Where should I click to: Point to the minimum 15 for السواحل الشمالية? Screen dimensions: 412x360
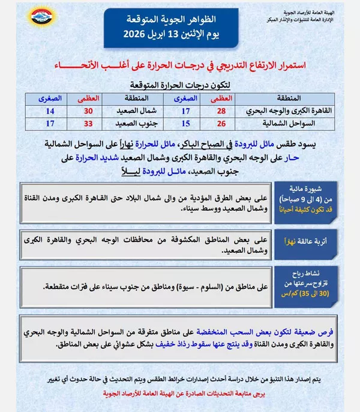pyautogui.click(x=187, y=123)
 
